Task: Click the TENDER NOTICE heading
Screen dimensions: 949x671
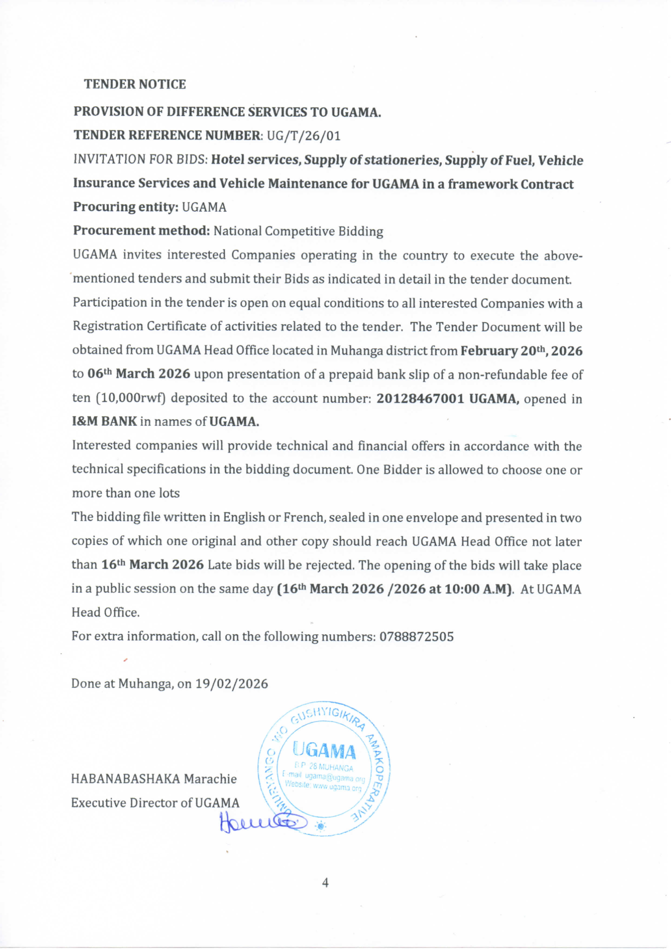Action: point(135,84)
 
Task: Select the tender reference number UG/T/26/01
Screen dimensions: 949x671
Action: point(304,136)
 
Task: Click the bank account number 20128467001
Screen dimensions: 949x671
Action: point(420,399)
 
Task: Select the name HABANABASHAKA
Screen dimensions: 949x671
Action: point(126,779)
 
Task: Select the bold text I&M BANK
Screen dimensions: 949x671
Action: point(104,421)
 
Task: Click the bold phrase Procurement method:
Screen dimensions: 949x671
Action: point(142,231)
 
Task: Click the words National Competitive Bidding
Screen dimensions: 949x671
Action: point(298,231)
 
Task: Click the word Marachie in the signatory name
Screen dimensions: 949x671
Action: point(210,779)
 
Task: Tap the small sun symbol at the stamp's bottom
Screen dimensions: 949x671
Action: point(320,826)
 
